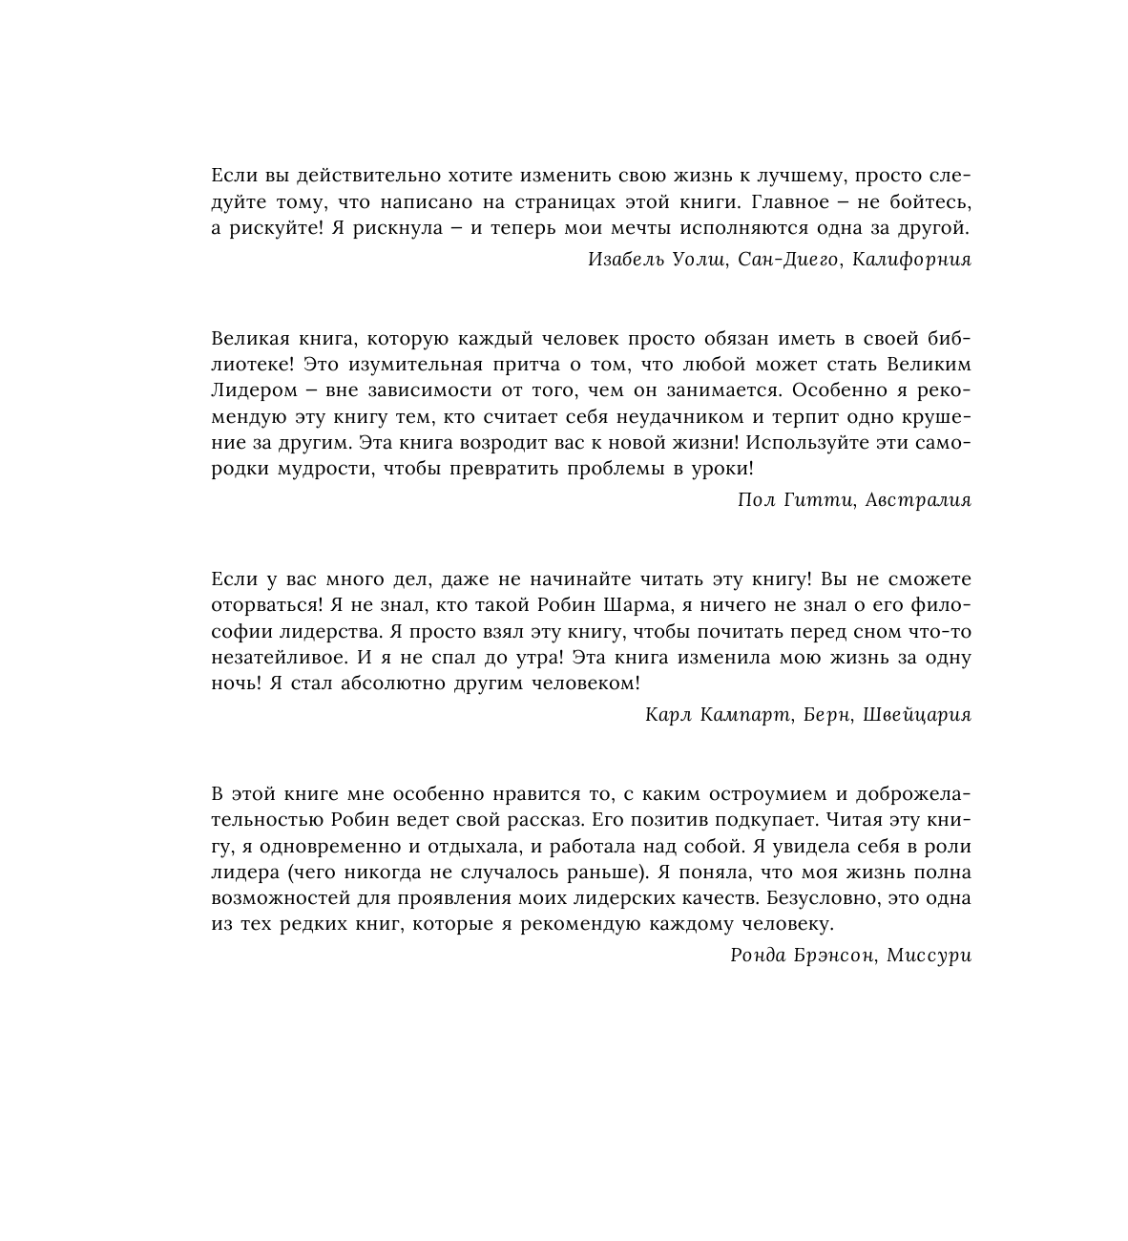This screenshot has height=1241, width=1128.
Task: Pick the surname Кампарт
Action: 743,715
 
